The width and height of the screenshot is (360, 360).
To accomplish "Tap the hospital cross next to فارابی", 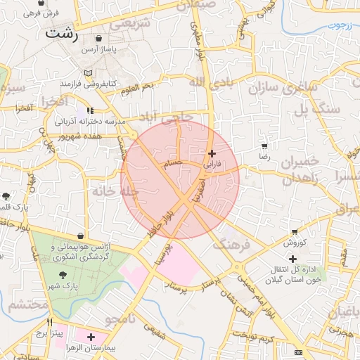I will click(212, 153).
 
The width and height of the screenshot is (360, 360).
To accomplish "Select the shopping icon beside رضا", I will click(264, 147).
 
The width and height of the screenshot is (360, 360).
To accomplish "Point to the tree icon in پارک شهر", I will click(63, 276).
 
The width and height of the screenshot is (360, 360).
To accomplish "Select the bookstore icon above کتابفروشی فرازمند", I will click(88, 72).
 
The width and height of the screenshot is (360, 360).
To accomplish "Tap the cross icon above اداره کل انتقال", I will click(293, 259).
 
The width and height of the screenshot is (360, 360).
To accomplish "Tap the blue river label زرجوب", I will click(342, 25).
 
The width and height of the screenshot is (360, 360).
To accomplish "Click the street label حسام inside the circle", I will click(172, 163).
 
